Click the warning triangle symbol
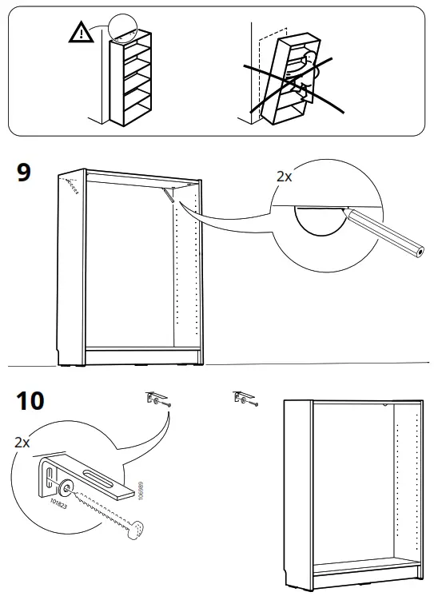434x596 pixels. pyautogui.click(x=81, y=32)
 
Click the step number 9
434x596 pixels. pyautogui.click(x=24, y=173)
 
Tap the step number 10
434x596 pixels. pyautogui.click(x=30, y=400)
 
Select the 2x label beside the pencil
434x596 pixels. pyautogui.click(x=284, y=177)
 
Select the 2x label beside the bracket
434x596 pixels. pyautogui.click(x=22, y=443)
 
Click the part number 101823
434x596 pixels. pyautogui.click(x=58, y=504)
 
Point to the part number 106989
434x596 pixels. pyautogui.click(x=141, y=491)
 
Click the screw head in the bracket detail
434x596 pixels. pyautogui.click(x=137, y=529)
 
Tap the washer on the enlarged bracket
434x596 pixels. pyautogui.click(x=67, y=487)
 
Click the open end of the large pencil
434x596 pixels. pyautogui.click(x=419, y=252)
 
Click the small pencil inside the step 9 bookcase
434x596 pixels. pyautogui.click(x=169, y=195)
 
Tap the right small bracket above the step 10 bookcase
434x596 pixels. pyautogui.click(x=245, y=398)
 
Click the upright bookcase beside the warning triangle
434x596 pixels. pyautogui.click(x=130, y=78)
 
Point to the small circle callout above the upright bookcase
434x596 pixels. pyautogui.click(x=122, y=27)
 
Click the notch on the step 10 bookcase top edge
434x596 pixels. pyautogui.click(x=385, y=405)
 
